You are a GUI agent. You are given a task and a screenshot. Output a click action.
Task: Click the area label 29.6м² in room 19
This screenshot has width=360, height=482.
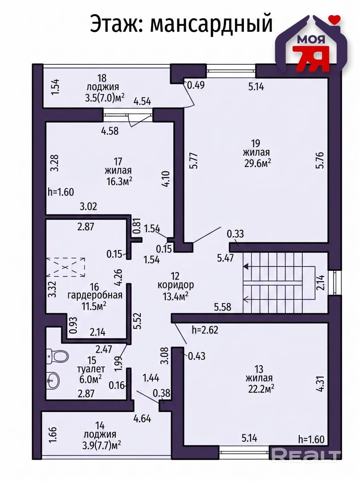[x=258, y=163]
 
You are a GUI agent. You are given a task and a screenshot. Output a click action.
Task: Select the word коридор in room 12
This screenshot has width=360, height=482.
[x=176, y=285]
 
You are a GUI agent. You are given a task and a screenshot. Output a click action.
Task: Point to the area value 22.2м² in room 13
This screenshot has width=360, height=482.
[x=261, y=389]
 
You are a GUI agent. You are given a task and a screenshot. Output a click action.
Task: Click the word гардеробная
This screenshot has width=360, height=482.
[x=95, y=295]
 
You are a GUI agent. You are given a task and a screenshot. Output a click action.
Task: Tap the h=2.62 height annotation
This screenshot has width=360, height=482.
[x=205, y=330]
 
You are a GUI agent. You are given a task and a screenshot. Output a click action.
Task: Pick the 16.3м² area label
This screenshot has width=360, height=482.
[x=119, y=181]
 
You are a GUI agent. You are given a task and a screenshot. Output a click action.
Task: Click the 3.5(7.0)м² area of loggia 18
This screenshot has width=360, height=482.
[x=105, y=98]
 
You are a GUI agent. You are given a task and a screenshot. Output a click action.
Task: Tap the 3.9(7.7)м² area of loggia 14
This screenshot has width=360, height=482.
[x=101, y=445]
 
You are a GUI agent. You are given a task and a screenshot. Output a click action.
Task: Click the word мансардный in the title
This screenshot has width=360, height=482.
[x=211, y=23]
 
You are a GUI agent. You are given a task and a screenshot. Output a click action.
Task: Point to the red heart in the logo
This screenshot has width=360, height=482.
[x=334, y=18]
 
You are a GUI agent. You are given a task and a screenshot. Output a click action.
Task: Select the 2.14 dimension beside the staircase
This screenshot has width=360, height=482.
[x=320, y=283]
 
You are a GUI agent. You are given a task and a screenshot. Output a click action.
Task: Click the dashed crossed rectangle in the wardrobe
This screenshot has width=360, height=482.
[x=65, y=268]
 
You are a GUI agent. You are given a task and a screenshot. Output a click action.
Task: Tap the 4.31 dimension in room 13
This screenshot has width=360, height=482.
[x=320, y=383]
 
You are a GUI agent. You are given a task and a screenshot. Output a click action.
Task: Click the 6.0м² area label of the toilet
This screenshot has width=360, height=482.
[x=91, y=379]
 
